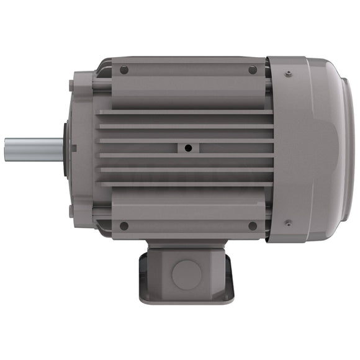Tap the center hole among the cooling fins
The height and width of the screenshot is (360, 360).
(x=187, y=148)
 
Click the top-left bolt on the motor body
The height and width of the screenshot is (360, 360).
(x=124, y=70)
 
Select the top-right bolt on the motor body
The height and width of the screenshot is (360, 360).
(x=253, y=70)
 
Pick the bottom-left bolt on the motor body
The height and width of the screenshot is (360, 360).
(x=124, y=226)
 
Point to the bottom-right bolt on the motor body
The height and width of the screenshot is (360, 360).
(x=253, y=226)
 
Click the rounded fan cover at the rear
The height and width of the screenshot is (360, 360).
(x=310, y=149)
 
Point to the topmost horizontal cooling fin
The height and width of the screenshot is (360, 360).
(x=186, y=112)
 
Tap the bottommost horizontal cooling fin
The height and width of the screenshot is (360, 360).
(x=186, y=184)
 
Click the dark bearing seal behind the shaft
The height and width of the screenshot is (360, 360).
(x=65, y=149)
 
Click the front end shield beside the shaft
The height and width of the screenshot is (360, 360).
(x=81, y=149)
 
